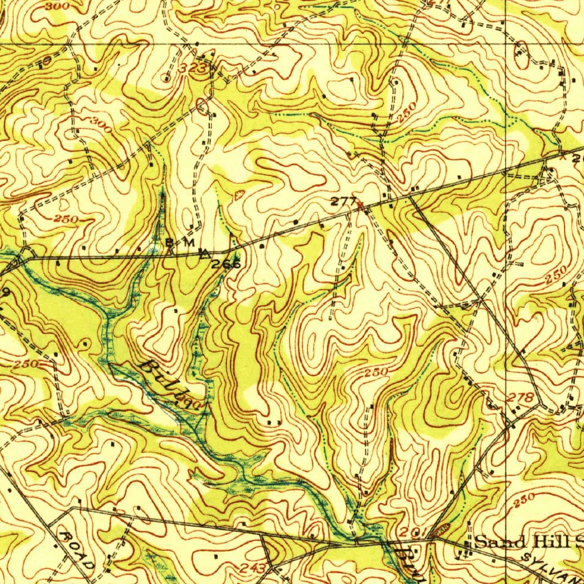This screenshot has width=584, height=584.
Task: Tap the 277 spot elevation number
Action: pos(344,201)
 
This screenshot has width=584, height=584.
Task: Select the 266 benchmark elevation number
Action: pos(226,264)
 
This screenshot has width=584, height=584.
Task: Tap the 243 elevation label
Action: pos(253,568)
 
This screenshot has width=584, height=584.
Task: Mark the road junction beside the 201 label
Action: pos(431,538)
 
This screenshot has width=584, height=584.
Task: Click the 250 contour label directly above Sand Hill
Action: pos(523,500)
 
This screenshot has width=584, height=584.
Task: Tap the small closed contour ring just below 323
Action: pos(202,106)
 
